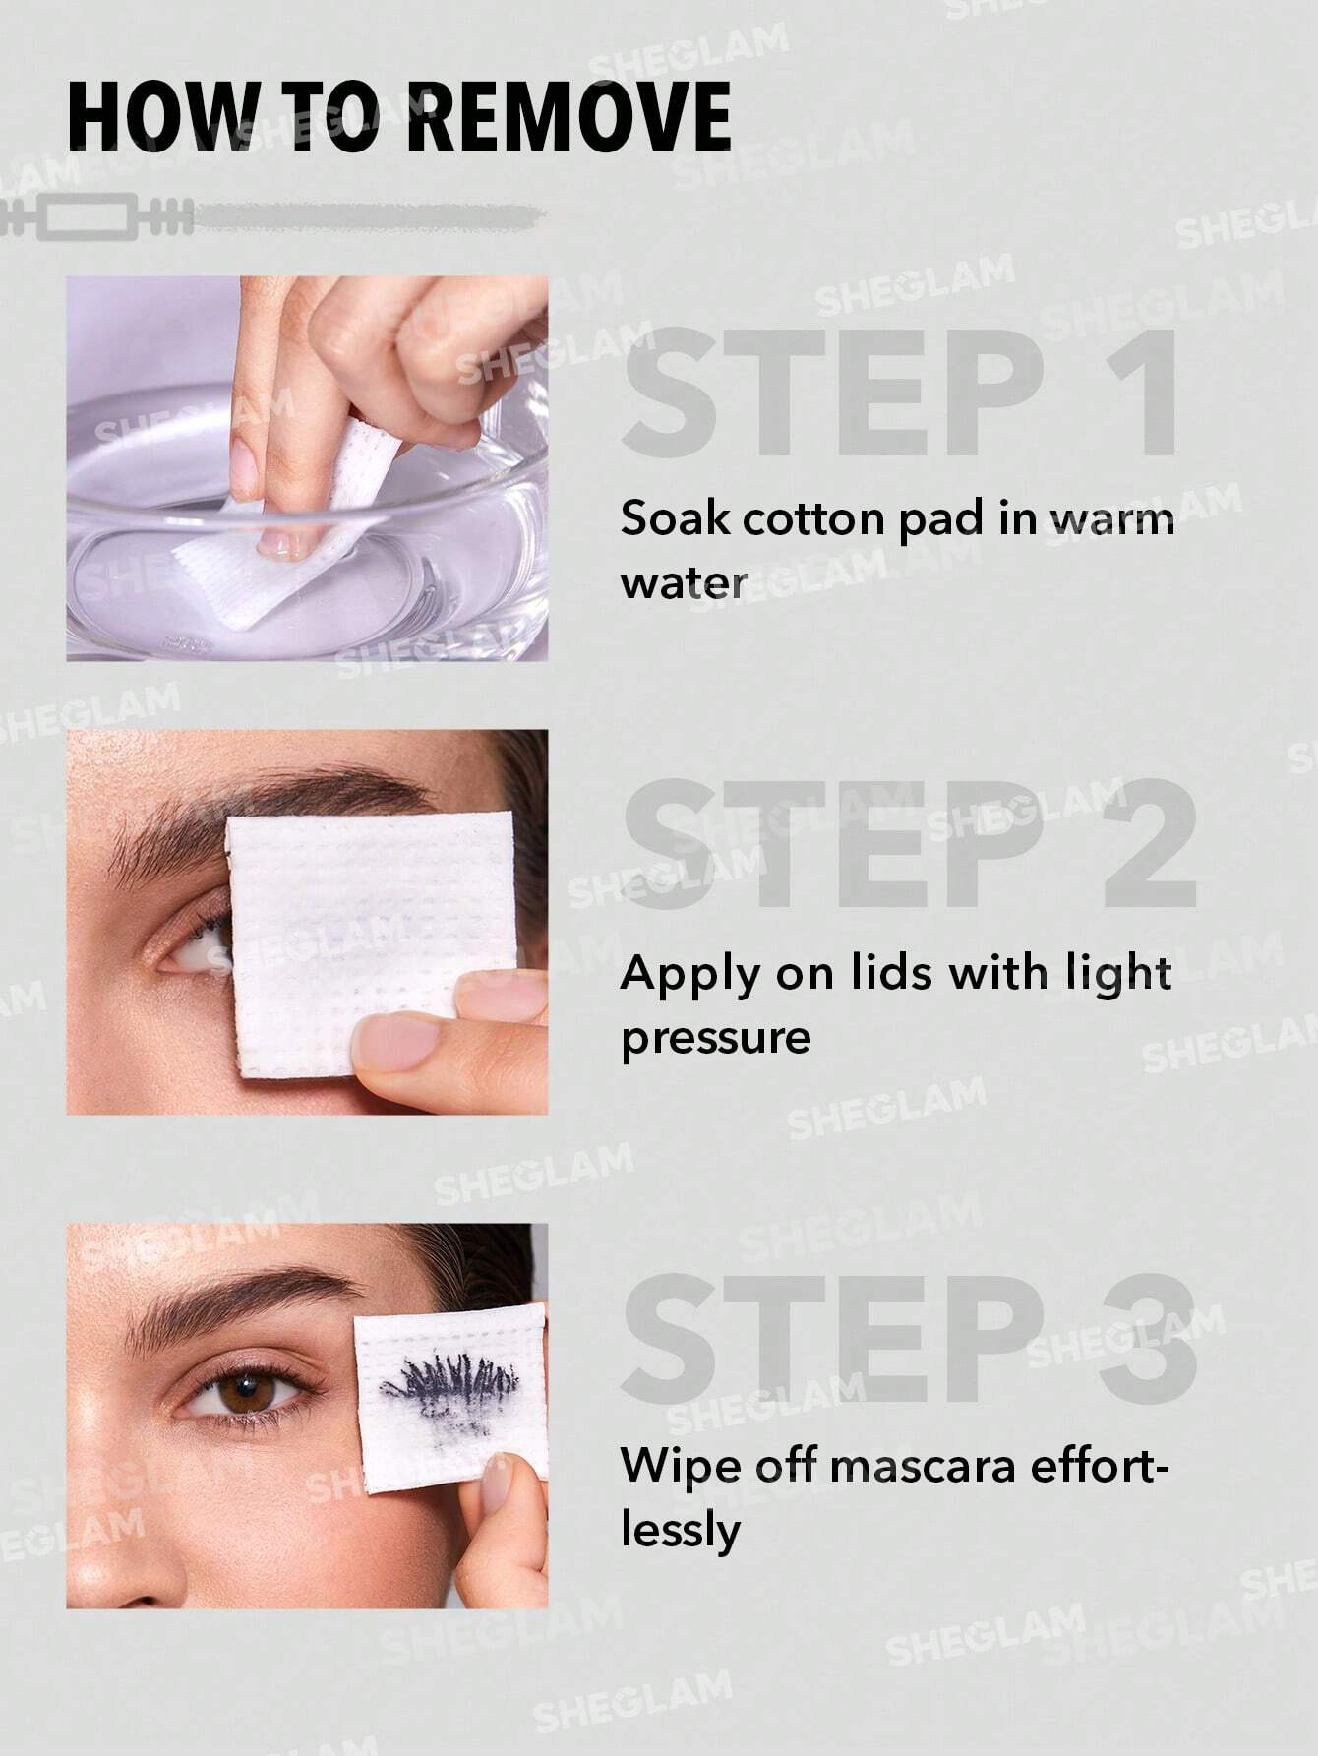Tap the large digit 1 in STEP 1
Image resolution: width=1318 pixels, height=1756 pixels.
click(x=1141, y=394)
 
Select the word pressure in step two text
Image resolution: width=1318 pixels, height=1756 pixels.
click(x=715, y=1037)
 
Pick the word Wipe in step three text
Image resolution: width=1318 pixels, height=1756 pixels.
click(x=671, y=1466)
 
